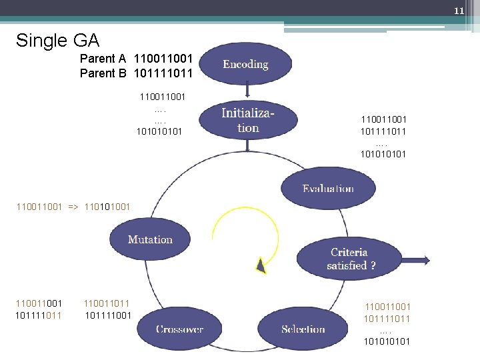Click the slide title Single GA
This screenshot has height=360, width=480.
(57, 41)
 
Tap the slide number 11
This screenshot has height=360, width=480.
(459, 11)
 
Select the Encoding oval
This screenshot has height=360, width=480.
(245, 64)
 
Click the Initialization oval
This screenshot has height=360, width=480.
(248, 121)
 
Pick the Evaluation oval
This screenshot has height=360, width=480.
(327, 188)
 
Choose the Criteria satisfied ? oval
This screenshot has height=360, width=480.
(349, 259)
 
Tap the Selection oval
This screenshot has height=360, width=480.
(303, 329)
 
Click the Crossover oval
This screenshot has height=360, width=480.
(180, 329)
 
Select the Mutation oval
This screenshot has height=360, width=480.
(150, 239)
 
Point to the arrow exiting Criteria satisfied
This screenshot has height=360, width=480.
(416, 260)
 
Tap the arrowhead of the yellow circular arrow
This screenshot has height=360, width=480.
(261, 267)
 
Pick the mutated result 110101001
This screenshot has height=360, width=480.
(109, 207)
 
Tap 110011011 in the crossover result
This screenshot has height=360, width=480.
(108, 303)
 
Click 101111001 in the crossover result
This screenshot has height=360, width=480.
(108, 315)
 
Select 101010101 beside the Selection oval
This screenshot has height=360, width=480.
(387, 341)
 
